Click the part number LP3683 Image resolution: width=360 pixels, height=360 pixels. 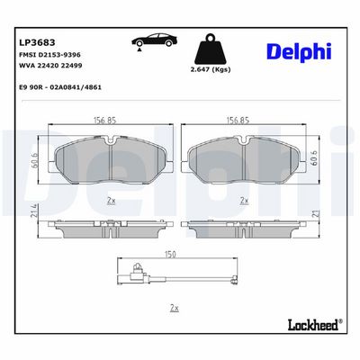37,42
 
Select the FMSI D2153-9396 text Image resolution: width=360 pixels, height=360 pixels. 49,55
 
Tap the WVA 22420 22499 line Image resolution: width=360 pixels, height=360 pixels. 50,66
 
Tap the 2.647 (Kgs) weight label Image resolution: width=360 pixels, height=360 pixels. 211,70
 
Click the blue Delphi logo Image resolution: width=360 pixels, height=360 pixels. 299,51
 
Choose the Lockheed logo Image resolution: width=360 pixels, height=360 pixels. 315,325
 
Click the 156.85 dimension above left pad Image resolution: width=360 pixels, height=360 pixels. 104,121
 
